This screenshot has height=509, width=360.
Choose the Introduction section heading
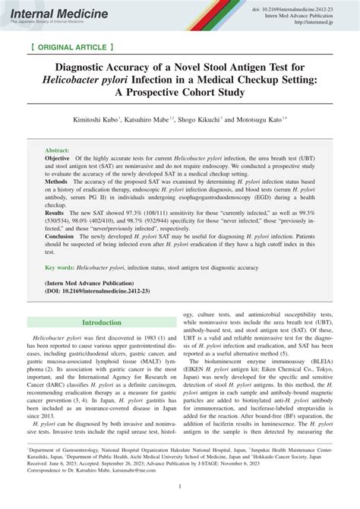point(101,322)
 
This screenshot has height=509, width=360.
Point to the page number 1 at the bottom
point(180,486)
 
